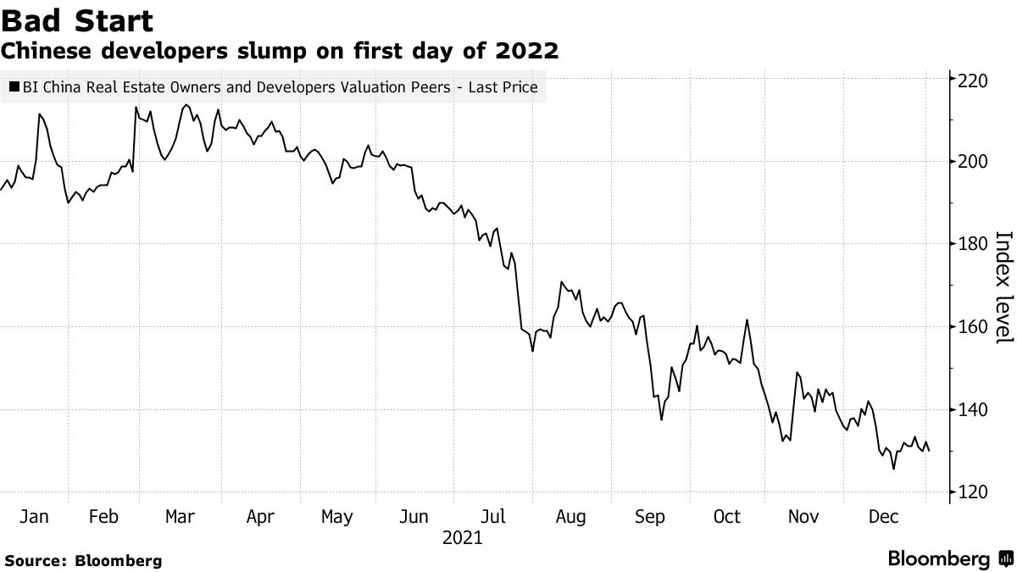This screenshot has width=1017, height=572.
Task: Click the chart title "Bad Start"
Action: tap(77, 19)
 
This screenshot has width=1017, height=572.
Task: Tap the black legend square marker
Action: tap(14, 87)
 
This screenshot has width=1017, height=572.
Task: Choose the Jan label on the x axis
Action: tap(33, 517)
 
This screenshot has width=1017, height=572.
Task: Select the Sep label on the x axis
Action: tap(649, 517)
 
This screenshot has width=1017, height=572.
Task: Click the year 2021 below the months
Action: tap(462, 538)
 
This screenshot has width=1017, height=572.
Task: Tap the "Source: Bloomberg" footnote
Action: tap(82, 560)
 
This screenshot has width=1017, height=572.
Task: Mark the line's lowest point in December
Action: tap(893, 469)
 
